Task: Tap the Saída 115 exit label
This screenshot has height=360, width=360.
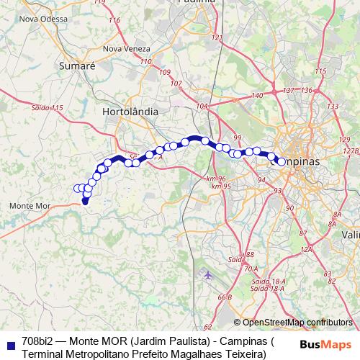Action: click(48, 107)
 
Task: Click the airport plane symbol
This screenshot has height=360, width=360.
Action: click(209, 274)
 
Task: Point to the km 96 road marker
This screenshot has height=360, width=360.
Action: click(215, 179)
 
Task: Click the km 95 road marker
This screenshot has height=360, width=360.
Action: click(221, 186)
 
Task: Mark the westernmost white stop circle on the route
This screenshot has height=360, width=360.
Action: click(77, 189)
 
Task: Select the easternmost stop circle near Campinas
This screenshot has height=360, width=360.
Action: click(282, 163)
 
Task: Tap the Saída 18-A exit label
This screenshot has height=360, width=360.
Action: click(263, 282)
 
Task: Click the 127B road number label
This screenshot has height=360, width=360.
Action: click(351, 151)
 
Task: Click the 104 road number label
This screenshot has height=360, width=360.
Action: click(202, 106)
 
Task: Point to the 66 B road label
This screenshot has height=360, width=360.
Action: click(224, 297)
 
